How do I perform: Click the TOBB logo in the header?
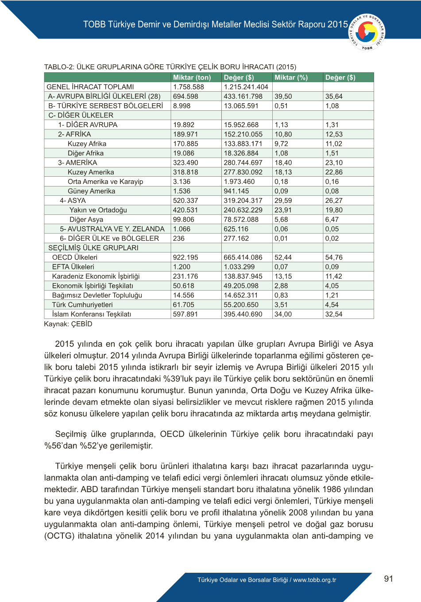(367, 32)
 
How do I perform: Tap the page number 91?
(389, 579)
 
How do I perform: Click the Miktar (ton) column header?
(192, 78)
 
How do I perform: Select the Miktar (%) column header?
(291, 78)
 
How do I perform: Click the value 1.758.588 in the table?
(189, 87)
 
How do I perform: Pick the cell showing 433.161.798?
(243, 96)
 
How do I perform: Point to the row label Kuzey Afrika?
(87, 144)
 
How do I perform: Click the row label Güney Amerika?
(91, 191)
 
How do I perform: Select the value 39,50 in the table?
(283, 96)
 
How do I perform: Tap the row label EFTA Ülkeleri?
(73, 267)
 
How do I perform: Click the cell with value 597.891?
(185, 314)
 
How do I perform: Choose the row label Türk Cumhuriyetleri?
(82, 305)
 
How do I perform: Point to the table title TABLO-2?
(170, 67)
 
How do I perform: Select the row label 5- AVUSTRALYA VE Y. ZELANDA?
(112, 229)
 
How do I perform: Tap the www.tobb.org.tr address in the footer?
(314, 580)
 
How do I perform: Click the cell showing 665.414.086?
(243, 257)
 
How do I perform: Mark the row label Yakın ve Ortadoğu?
(98, 210)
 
